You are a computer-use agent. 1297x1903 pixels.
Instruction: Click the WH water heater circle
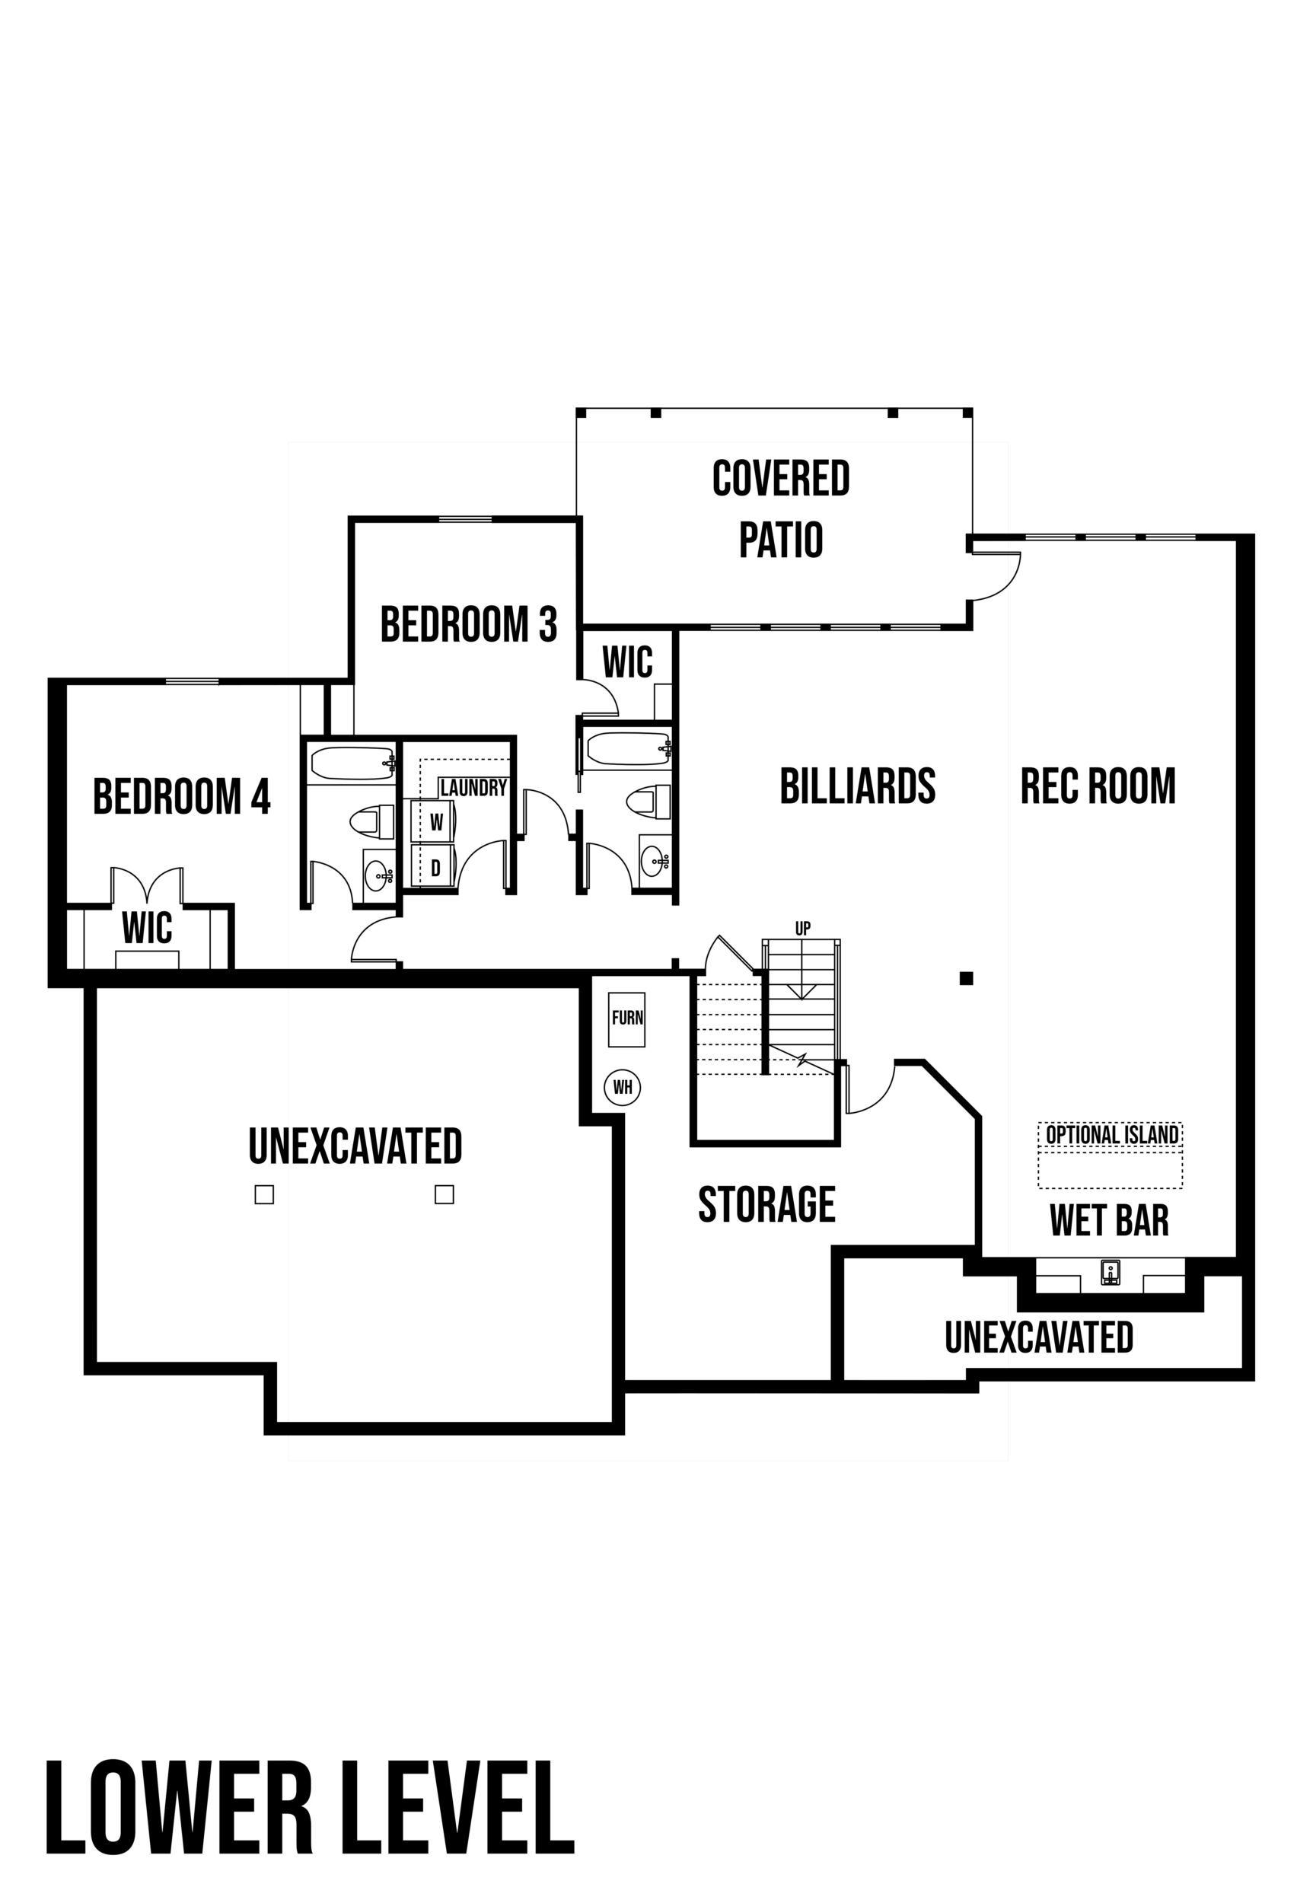[623, 1088]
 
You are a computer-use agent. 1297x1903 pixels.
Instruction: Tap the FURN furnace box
[627, 1019]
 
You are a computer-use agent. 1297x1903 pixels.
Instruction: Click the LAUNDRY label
[473, 788]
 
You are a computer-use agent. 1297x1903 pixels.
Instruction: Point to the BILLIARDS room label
[857, 786]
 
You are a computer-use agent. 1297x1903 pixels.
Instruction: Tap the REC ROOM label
[1098, 786]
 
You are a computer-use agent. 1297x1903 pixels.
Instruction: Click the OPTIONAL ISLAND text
[1112, 1134]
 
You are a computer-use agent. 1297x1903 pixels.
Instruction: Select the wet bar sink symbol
[1110, 1273]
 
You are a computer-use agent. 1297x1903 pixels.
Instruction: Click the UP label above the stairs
[802, 929]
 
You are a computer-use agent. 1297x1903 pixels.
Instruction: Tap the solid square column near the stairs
[966, 977]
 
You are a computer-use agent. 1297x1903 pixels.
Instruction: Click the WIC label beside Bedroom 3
[627, 662]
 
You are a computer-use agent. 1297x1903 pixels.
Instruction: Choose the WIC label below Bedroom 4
[148, 928]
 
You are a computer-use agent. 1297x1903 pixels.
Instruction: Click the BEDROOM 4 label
[182, 797]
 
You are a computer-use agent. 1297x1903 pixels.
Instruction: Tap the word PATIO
[780, 540]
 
